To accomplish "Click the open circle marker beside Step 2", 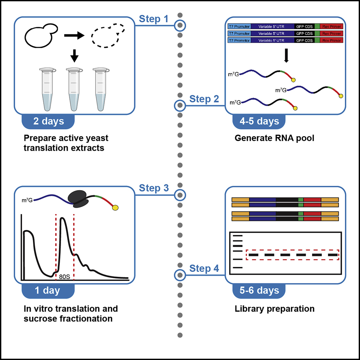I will coord(180,106).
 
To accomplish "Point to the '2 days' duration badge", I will coord(48,121).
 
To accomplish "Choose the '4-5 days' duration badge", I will coord(260,121).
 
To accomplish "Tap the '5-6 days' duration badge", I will coord(260,291).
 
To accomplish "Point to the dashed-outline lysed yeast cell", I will coord(107,35).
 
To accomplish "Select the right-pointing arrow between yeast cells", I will coord(74,35).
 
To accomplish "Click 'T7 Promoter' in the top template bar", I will coord(239,26).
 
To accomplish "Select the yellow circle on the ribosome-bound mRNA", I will coord(116,207).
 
